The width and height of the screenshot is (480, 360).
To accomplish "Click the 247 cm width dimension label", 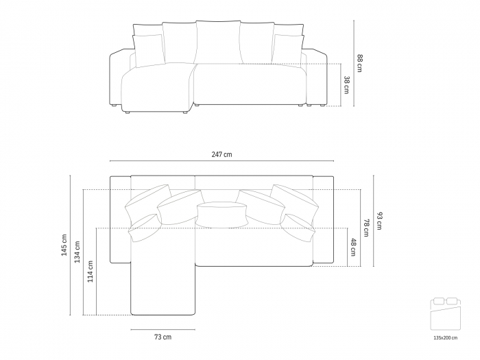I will point(221,155).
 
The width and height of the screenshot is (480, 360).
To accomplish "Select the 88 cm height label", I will point(359,62).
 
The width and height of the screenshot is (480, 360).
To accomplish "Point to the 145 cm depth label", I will point(64,245).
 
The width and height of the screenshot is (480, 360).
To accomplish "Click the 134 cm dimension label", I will point(77,252).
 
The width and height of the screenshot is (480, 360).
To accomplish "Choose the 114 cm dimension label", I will point(91,272).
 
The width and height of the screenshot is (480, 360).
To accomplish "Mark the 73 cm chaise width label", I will point(163,337).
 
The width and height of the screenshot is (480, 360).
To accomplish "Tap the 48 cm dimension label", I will point(353,246).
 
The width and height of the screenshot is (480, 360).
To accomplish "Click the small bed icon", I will point(445,315).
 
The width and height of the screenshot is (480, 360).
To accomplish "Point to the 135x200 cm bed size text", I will point(445,338).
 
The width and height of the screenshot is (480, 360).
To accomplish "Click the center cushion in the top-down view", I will point(221,214).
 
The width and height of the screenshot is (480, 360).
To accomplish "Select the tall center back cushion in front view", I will point(217,43).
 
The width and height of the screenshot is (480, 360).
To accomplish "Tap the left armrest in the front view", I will point(119,79).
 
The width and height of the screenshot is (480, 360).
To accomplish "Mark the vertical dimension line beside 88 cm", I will point(354,62).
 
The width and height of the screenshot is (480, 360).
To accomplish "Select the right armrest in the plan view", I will point(322,219).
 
